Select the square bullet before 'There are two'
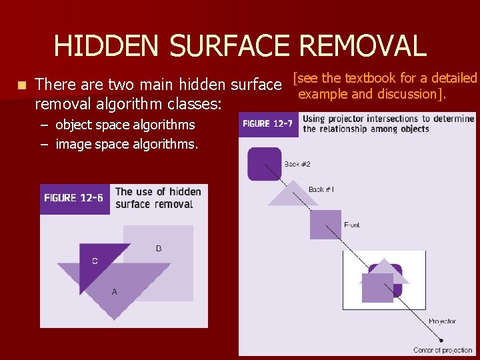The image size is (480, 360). (x=22, y=85)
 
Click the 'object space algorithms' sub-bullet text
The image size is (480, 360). (x=125, y=125)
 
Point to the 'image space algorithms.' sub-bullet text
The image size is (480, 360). (x=127, y=143)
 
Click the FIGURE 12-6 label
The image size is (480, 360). (x=74, y=198)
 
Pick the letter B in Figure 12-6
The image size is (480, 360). (x=159, y=249)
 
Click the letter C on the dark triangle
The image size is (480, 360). (x=95, y=261)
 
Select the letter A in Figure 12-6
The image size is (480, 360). (x=115, y=291)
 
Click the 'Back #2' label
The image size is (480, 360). (x=297, y=164)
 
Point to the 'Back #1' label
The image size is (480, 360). (x=321, y=189)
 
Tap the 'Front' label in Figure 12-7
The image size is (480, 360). (x=352, y=225)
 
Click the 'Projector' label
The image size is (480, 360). (x=442, y=321)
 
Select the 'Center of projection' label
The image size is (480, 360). (x=442, y=350)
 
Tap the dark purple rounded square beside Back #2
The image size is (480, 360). (x=265, y=164)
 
